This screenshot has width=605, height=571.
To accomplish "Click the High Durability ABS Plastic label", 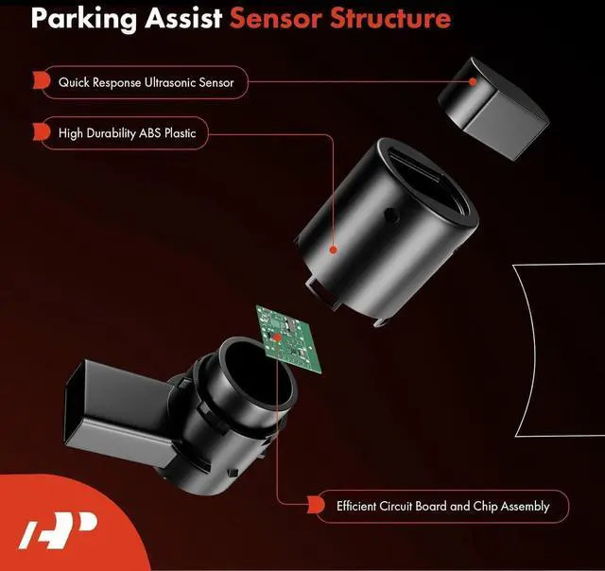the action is (127, 133).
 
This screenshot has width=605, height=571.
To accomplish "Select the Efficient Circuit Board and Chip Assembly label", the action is (442, 506).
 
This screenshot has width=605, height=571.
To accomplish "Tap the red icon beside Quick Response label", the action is (40, 83).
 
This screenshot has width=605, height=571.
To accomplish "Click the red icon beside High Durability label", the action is (40, 133).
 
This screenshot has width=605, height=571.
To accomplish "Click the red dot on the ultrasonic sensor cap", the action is (473, 82).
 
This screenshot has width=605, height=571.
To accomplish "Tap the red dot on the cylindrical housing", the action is (333, 251).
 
